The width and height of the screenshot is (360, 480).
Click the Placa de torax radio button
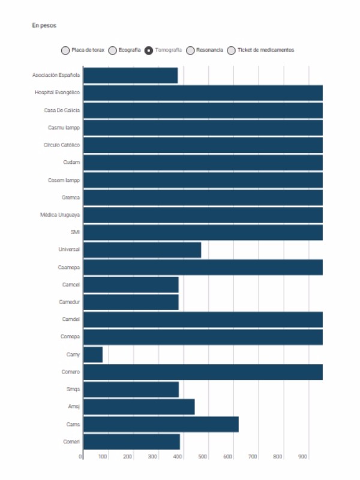(65, 50)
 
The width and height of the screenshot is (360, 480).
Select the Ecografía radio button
(112, 50)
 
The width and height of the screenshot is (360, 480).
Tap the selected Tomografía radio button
(149, 50)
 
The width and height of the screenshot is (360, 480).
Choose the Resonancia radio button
(190, 50)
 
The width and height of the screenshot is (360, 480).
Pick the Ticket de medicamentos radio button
(232, 50)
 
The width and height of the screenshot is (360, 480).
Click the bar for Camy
(93, 355)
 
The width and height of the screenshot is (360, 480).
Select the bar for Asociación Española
(130, 76)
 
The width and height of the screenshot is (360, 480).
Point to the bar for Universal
(142, 250)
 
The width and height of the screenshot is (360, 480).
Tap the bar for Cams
(161, 424)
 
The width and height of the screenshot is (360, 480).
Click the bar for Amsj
(139, 407)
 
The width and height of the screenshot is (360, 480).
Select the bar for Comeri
(131, 442)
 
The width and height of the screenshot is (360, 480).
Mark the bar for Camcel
(131, 284)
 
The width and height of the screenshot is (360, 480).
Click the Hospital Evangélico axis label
(58, 93)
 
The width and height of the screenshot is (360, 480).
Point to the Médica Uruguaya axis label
(60, 215)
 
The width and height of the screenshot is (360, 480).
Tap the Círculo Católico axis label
(62, 145)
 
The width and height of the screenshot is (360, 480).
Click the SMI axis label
(76, 232)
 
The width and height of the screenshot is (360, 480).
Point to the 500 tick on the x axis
(202, 457)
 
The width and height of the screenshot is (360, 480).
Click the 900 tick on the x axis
(302, 457)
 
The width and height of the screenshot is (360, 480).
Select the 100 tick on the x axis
(103, 457)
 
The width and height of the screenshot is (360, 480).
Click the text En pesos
(44, 26)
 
